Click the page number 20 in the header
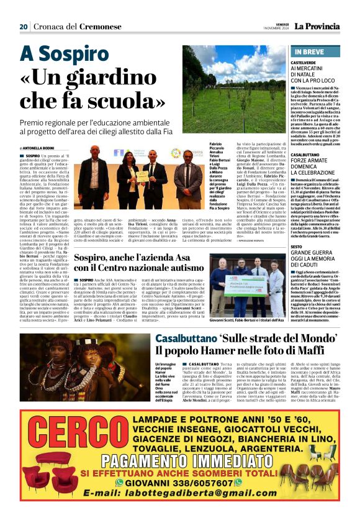point(24,26)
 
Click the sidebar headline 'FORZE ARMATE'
point(311,160)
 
